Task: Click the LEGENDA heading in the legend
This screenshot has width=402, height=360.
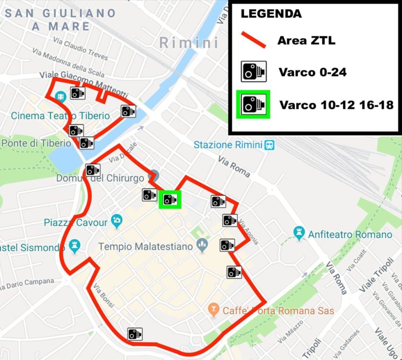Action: pos(271,13)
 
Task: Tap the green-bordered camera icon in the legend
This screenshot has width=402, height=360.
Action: pos(253,104)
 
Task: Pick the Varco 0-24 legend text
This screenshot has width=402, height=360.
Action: pos(312,72)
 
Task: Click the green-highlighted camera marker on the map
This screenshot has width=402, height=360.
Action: pos(170,199)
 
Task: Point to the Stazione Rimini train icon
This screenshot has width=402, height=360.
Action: pos(269,145)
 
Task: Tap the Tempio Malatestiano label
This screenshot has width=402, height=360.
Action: pos(145,247)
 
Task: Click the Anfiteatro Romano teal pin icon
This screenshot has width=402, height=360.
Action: pos(299,233)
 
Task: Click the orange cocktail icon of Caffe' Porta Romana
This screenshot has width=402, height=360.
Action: pos(214,310)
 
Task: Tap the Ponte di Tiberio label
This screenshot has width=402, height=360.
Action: pos(36,143)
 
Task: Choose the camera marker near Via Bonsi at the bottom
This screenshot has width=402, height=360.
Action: pos(135,334)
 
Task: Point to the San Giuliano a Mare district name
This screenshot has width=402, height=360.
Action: pos(60,20)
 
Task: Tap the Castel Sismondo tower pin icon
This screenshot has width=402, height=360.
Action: pos(75,247)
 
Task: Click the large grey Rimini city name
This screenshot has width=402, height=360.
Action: pos(189,43)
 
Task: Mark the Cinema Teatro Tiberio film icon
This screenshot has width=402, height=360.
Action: pos(60,96)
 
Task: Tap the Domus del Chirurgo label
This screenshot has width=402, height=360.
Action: pos(100,178)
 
